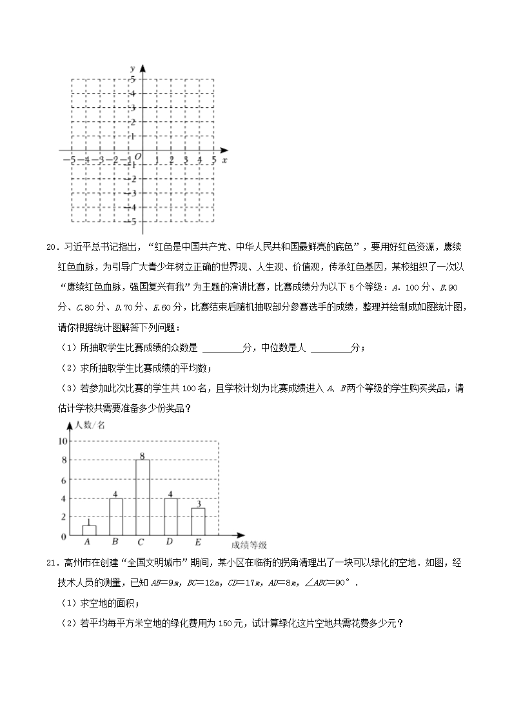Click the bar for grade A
tap(89, 529)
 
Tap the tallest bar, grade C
tap(143, 497)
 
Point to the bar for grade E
tap(199, 521)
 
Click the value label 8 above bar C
tap(142, 455)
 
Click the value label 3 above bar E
tap(199, 504)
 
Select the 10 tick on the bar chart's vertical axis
tap(63, 441)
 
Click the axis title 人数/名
tap(90, 425)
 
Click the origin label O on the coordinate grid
tap(137, 156)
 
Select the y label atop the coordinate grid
tap(132, 68)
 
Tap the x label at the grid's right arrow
tap(224, 159)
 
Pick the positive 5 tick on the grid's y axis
tap(133, 79)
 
